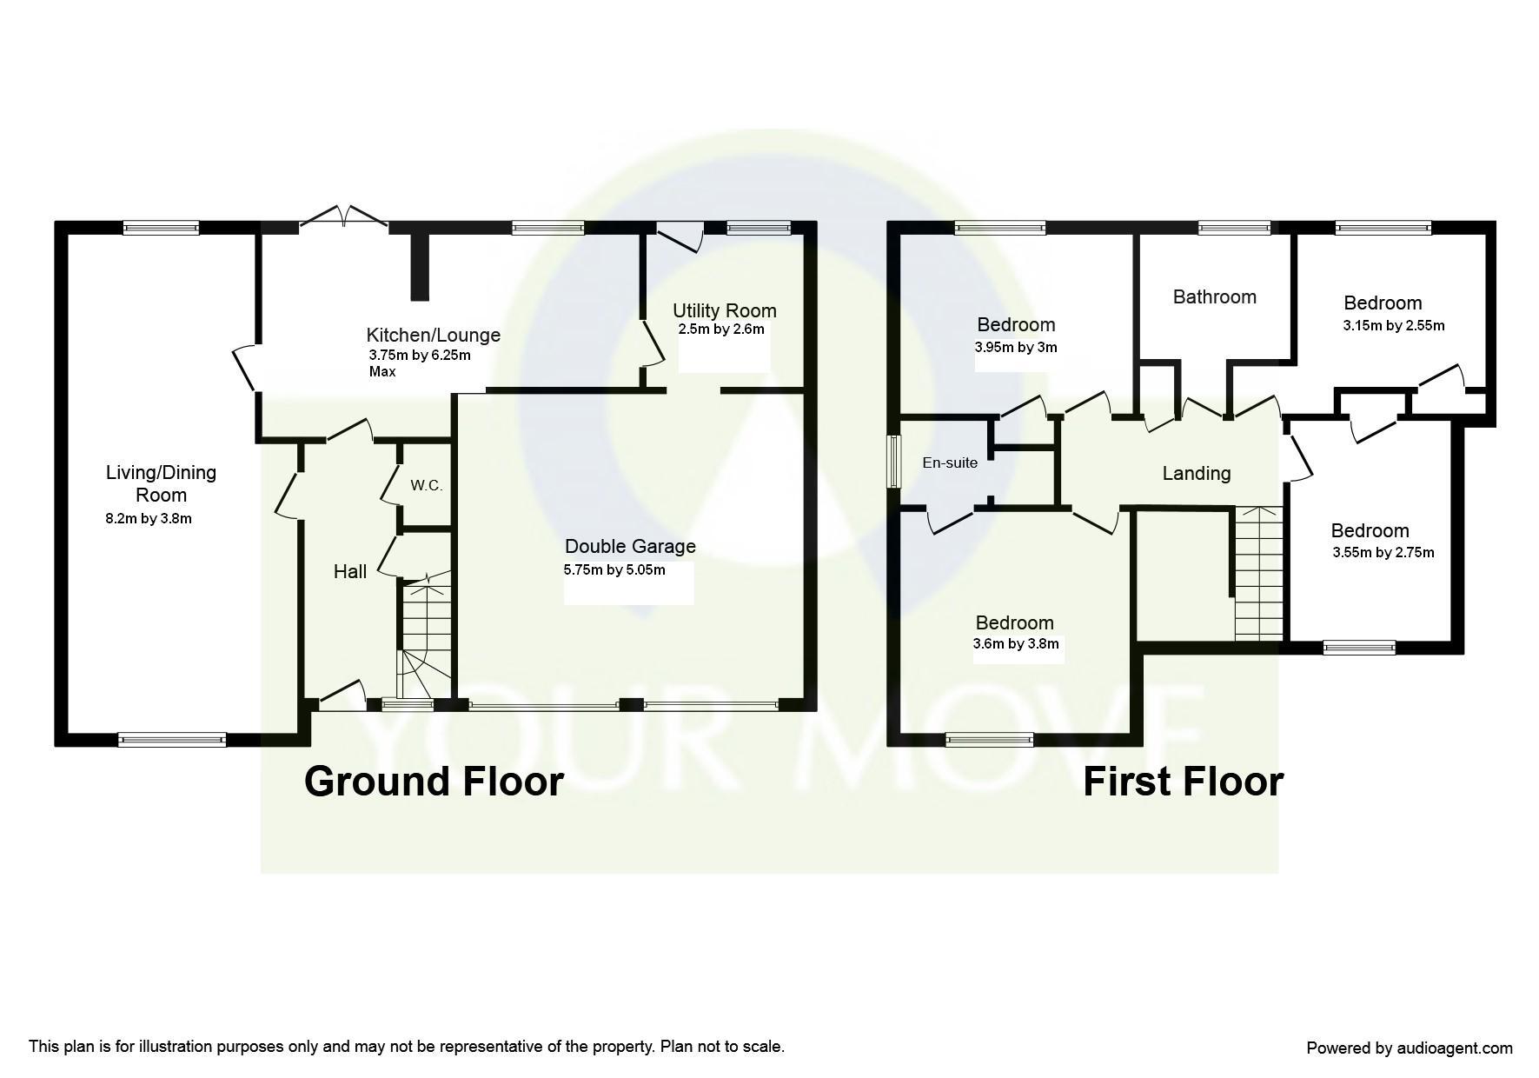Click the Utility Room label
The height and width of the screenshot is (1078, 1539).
point(724,310)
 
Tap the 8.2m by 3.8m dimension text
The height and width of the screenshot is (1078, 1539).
point(149,519)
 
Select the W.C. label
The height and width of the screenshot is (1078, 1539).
point(426,486)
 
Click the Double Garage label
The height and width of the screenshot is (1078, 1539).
point(630,546)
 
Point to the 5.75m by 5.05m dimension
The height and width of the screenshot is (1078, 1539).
point(614,570)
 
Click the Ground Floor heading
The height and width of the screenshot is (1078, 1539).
point(434,781)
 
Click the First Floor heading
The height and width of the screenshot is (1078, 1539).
point(1182,781)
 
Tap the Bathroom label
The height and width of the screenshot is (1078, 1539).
point(1214,296)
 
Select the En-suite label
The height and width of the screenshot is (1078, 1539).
point(950,463)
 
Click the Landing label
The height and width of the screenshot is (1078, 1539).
point(1197,473)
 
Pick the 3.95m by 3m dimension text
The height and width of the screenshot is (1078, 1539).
point(1016,347)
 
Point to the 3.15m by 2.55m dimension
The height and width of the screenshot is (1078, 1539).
point(1394,326)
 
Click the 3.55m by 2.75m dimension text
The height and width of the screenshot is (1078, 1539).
point(1383,553)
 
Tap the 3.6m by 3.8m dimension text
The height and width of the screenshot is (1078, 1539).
point(1015,644)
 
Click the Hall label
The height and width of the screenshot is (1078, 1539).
point(350,571)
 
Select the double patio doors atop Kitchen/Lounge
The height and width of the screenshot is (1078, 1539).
point(344,217)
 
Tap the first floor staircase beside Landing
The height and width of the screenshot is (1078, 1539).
point(1258,574)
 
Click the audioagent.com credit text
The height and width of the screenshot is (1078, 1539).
point(1409,1048)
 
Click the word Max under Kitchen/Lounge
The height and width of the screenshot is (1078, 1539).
point(382,371)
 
